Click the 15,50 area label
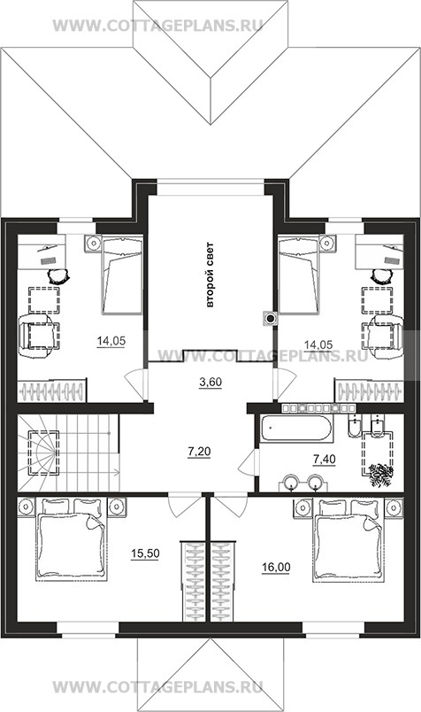click(145, 553)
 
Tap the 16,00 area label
click(276, 567)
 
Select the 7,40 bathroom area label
click(325, 460)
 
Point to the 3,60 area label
click(210, 382)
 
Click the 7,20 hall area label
click(199, 452)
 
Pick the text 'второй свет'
click(209, 275)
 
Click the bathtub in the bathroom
click(297, 428)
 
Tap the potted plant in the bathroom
click(379, 475)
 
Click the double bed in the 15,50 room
click(72, 539)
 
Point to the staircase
click(69, 453)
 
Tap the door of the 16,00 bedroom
click(231, 505)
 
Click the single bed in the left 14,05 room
click(122, 275)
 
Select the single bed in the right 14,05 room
click(298, 275)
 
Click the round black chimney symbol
click(270, 318)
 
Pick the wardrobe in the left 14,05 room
click(51, 390)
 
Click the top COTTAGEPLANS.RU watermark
click(157, 25)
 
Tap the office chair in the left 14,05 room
click(58, 275)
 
